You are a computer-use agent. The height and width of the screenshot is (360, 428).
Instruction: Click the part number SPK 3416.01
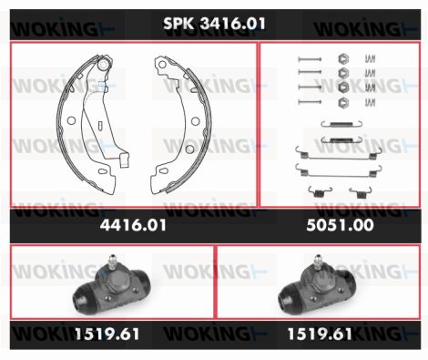pos(214,23)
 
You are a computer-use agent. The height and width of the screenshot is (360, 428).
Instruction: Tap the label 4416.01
pos(133,225)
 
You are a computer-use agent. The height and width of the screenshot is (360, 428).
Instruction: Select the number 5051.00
pos(340,225)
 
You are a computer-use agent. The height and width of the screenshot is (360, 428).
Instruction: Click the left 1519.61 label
pos(107,334)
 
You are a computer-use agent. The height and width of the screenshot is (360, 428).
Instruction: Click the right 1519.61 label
pos(320,334)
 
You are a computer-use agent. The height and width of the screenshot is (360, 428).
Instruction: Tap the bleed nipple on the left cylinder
pos(112,262)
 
